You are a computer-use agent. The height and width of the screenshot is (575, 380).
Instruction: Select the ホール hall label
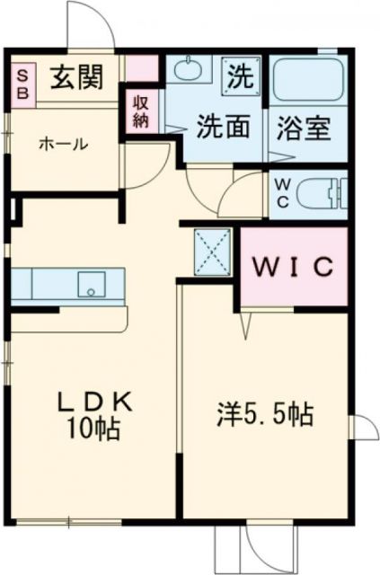point(63,143)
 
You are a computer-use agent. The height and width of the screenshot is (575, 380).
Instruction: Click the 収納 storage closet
point(142,112)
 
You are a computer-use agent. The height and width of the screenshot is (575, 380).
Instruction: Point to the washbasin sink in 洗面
point(188,69)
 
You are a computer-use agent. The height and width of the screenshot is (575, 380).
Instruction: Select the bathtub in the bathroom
point(308,80)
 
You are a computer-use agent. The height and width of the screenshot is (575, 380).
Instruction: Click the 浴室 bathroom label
point(307,128)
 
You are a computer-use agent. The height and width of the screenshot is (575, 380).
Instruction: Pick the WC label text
point(281,191)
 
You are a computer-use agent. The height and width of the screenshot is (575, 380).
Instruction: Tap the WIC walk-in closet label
point(292,267)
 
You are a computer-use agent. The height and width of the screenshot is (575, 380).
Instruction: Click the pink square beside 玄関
point(141,68)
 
